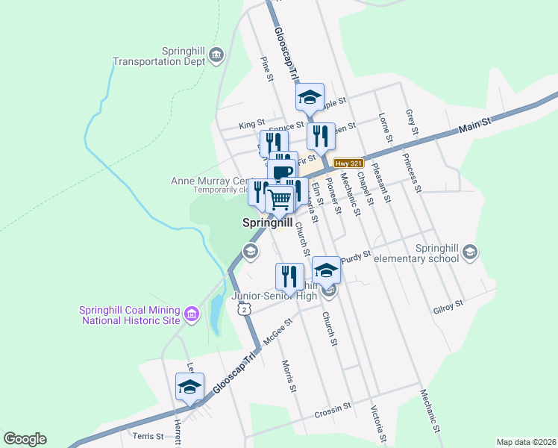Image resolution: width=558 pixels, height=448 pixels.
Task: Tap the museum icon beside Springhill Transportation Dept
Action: pos(216,55)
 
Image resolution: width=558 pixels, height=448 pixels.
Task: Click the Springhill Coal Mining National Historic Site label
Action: pos(131,315)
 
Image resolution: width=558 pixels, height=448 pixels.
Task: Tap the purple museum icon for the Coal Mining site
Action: pos(192,315)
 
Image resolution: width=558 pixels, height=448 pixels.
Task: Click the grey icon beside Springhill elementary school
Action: pos(469,252)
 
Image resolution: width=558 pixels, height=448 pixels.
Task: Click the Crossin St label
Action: pos(333,410)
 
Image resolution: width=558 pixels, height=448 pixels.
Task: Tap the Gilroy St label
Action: pos(448,306)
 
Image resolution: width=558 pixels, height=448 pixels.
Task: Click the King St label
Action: pos(251,123)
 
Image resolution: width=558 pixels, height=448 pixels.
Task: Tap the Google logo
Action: pos(25,439)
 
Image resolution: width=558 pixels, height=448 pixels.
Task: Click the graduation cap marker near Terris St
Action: pos(189,388)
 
